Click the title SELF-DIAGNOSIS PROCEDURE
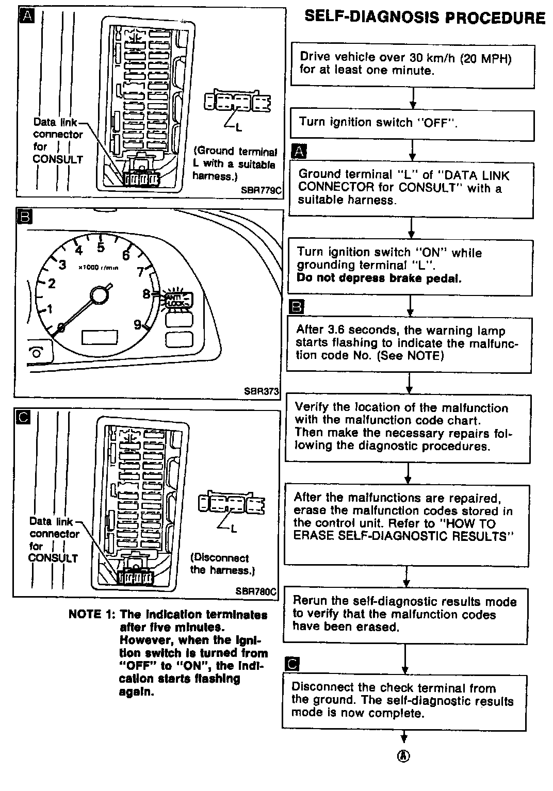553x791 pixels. point(425,17)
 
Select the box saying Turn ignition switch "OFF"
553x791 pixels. point(412,124)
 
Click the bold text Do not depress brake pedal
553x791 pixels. point(379,278)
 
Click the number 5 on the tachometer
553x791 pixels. point(101,248)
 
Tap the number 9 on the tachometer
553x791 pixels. point(138,324)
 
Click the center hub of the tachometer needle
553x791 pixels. point(99,295)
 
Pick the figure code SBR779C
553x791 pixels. point(261,190)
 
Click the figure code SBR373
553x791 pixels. point(262,391)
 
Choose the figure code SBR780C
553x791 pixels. point(256,591)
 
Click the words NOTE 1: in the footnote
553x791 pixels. point(92,615)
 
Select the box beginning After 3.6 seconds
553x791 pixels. point(409,344)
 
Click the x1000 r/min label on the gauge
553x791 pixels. point(99,268)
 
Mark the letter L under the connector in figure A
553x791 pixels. point(239,128)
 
